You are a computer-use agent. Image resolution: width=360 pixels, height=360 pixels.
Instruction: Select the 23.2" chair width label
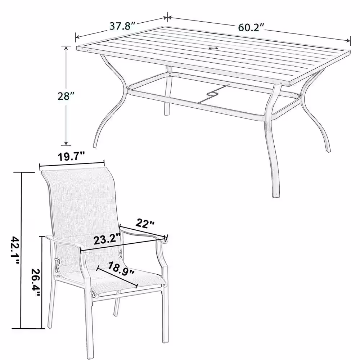pos(107,239)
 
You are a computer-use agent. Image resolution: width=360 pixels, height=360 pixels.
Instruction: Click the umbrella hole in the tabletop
pos(214,49)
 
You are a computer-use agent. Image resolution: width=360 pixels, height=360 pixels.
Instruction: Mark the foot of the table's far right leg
pos(328,150)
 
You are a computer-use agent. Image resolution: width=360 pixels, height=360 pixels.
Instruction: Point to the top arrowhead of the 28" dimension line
pos(66,48)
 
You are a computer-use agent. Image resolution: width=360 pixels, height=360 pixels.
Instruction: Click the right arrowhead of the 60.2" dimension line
pos(349,41)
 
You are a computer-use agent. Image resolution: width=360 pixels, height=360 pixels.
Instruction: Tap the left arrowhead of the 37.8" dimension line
pos(77,37)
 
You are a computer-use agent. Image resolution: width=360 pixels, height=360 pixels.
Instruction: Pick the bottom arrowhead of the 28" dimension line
pos(66,143)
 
